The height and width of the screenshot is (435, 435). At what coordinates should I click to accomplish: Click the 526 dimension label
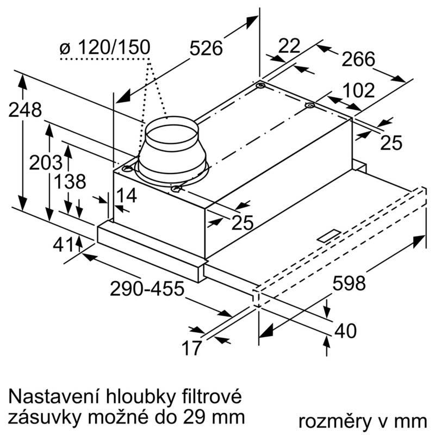tap(206, 48)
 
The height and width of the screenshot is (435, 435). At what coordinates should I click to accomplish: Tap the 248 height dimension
tap(25, 110)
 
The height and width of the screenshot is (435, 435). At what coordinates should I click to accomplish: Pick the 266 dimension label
tap(358, 59)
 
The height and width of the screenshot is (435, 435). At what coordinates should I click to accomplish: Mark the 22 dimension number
tap(289, 46)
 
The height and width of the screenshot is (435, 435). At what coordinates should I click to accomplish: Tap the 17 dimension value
tap(191, 347)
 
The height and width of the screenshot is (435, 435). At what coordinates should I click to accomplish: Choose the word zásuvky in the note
tap(43, 417)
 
